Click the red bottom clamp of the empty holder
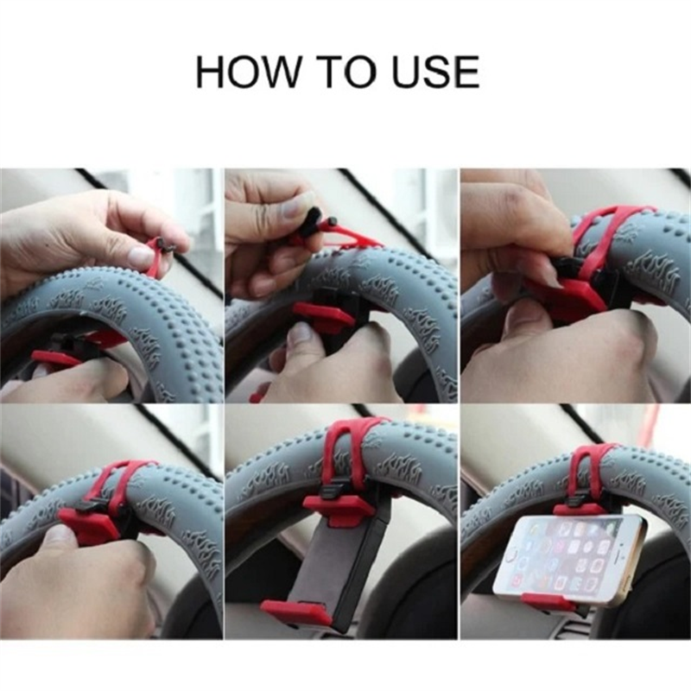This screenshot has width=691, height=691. click(297, 612)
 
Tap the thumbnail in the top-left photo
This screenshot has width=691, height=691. click(142, 256)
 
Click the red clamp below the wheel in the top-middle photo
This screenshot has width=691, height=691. click(321, 314)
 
